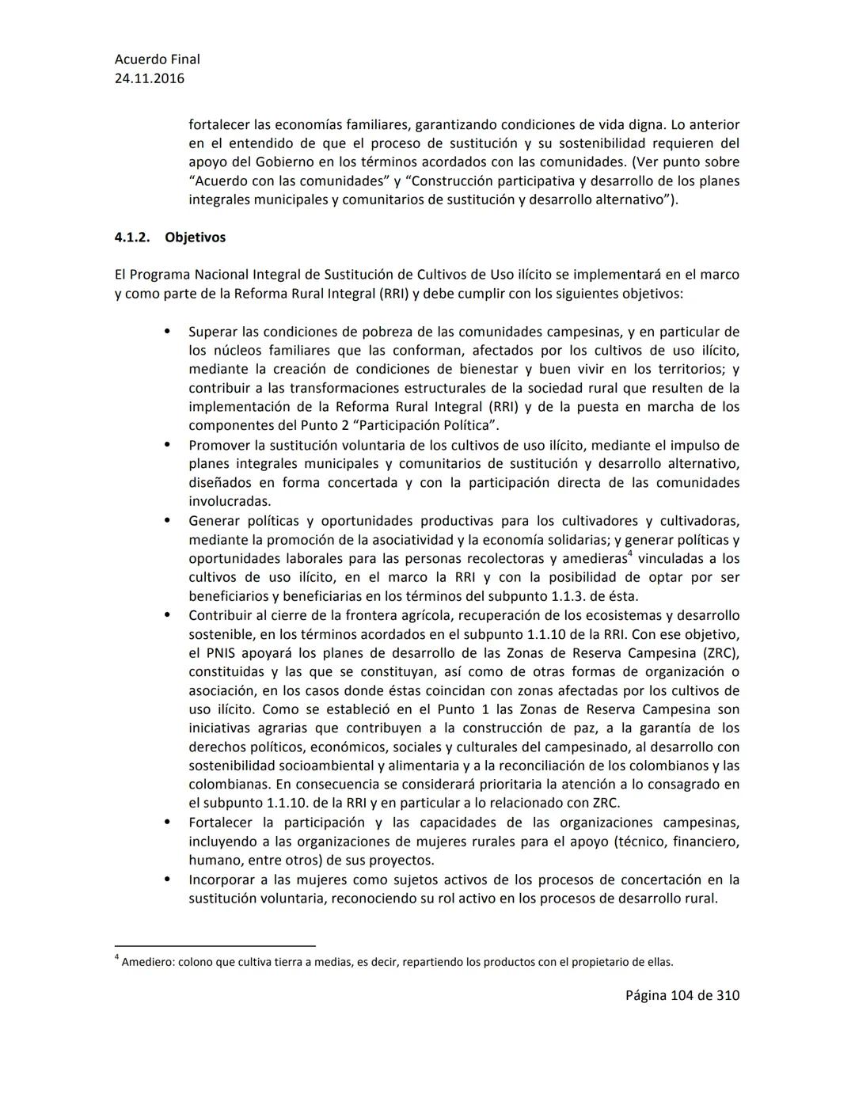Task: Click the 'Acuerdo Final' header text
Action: [157, 59]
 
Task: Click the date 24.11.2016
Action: [150, 78]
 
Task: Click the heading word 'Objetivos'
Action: [195, 238]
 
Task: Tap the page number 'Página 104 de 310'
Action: [682, 995]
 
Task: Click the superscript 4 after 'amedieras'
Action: [629, 554]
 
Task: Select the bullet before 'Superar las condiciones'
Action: [167, 332]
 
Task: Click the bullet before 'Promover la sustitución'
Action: [167, 445]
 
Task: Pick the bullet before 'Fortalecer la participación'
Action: [167, 823]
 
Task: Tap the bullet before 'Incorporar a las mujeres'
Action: [167, 880]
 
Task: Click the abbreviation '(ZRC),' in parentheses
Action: [720, 653]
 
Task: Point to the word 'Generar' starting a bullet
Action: [214, 521]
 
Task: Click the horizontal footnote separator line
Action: [215, 945]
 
